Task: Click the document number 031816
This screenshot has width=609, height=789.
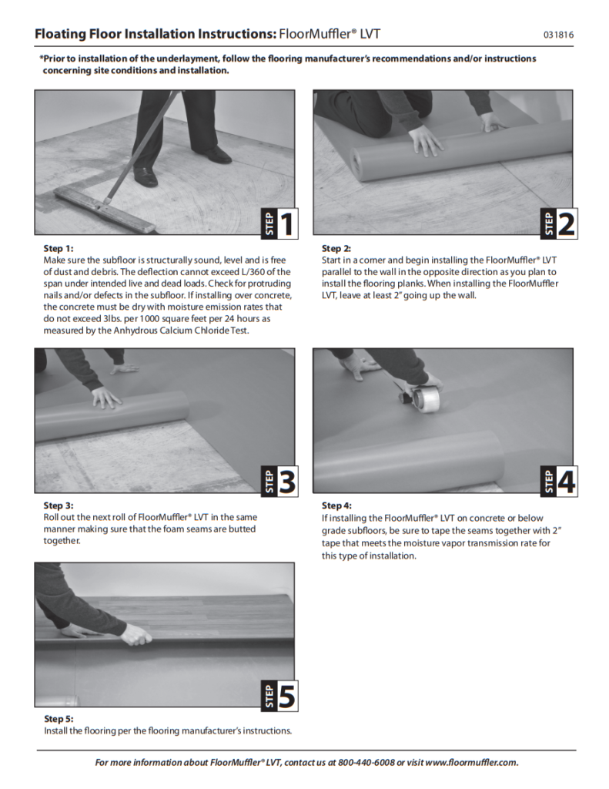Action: tap(558, 35)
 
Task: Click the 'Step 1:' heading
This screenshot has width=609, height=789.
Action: tap(59, 248)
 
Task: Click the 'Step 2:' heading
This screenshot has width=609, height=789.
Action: tap(336, 248)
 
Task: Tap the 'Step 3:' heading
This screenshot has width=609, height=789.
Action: tap(59, 505)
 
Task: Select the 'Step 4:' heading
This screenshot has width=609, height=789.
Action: tap(336, 505)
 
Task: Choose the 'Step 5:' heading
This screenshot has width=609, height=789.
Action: tap(59, 719)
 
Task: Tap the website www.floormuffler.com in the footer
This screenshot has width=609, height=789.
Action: tap(471, 763)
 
